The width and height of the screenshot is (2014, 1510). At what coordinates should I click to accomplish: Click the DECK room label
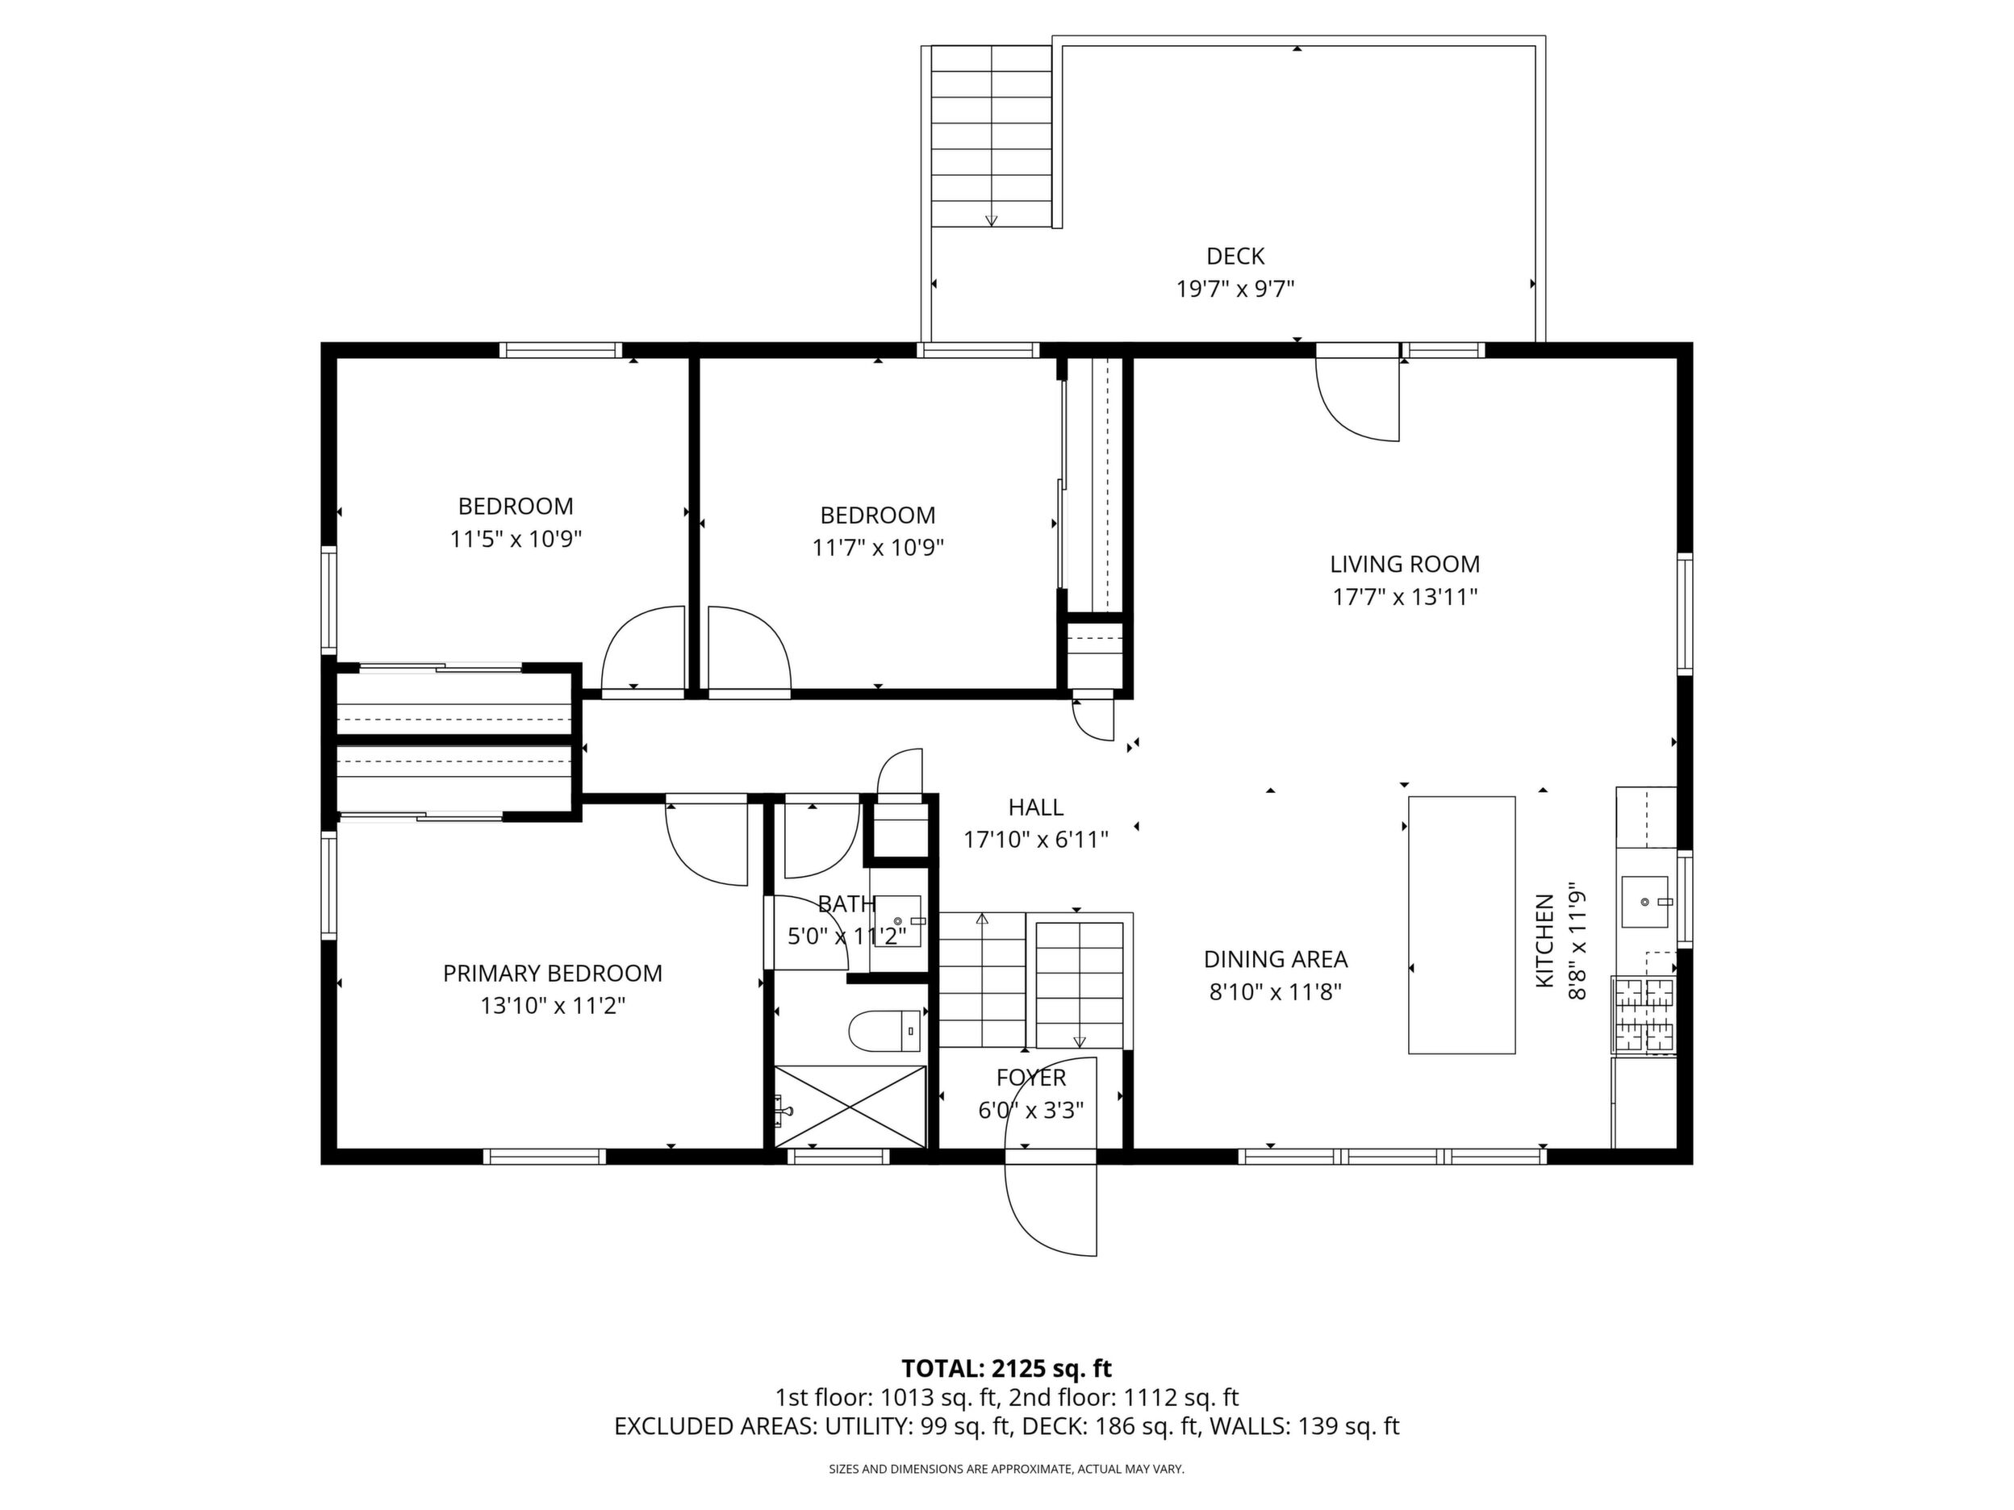(1235, 257)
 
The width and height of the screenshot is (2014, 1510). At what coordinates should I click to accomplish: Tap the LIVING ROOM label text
(1405, 565)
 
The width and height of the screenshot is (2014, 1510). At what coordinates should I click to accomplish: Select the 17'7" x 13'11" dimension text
(1405, 597)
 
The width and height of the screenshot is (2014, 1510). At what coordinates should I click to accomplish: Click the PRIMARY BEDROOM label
(553, 974)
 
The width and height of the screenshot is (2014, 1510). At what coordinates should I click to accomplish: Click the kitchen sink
(1645, 901)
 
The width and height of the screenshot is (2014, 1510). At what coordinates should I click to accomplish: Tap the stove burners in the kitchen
(1644, 1015)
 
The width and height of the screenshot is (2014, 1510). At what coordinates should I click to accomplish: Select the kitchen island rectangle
(1461, 924)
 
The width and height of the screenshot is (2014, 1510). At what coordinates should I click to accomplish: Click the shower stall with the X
(850, 1106)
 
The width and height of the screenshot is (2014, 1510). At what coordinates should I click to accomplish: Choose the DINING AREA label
(1276, 959)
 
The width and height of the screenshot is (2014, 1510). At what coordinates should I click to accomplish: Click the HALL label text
(1036, 807)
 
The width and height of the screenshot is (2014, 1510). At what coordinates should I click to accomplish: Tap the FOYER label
(1031, 1078)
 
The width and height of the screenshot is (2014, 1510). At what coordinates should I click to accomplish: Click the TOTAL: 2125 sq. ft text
(1007, 1369)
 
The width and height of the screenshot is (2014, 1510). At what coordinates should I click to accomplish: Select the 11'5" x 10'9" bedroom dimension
(516, 540)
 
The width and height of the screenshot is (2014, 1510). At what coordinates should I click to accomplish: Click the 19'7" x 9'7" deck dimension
(1235, 290)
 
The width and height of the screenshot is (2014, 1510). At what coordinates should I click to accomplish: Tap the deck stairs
(992, 136)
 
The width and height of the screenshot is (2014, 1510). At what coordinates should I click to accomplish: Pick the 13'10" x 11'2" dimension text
(553, 1007)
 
